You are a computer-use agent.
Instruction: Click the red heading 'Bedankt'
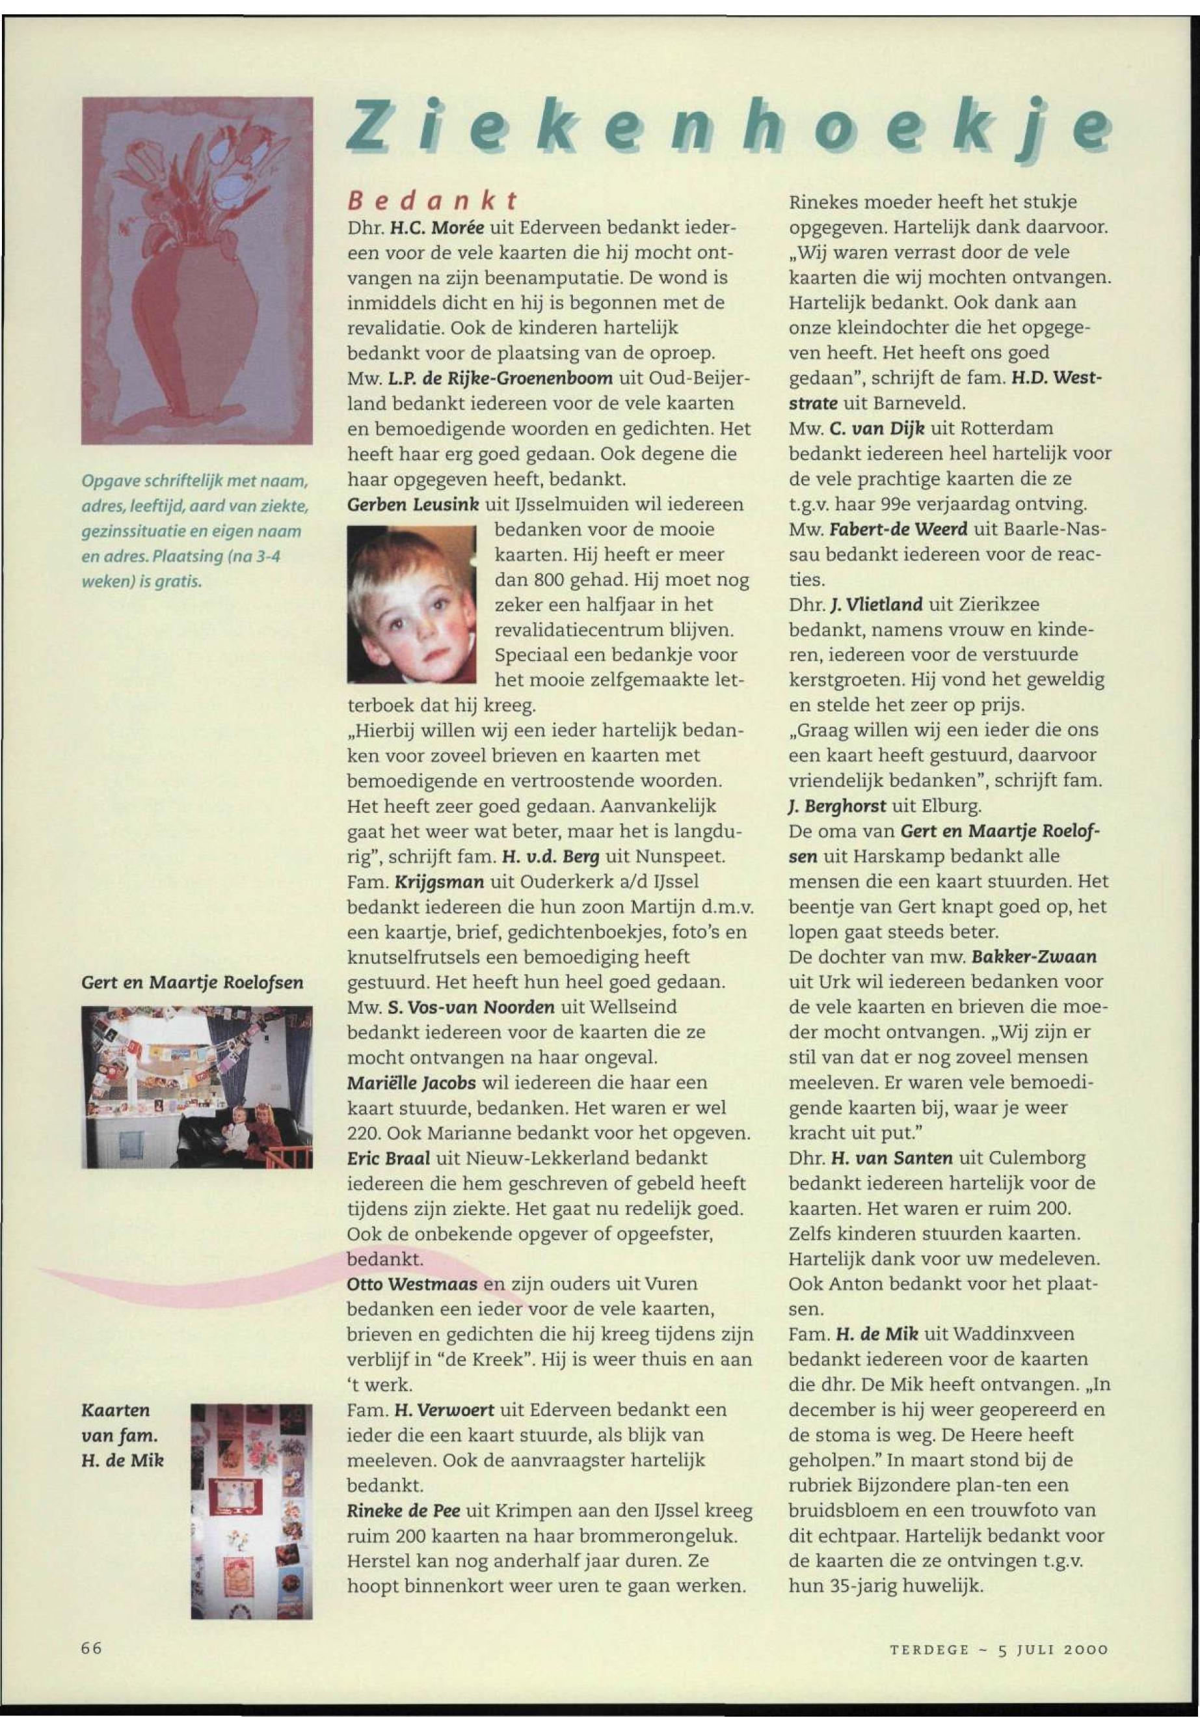click(433, 201)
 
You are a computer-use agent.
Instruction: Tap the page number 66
click(91, 1647)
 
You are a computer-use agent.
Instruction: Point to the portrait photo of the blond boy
click(412, 604)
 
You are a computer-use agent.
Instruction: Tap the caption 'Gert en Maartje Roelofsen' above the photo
click(193, 983)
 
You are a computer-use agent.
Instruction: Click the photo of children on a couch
click(197, 1088)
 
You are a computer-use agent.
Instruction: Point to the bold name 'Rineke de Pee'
click(404, 1510)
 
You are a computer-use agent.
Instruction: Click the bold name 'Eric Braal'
click(388, 1158)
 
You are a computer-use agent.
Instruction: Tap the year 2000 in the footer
click(1085, 1650)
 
